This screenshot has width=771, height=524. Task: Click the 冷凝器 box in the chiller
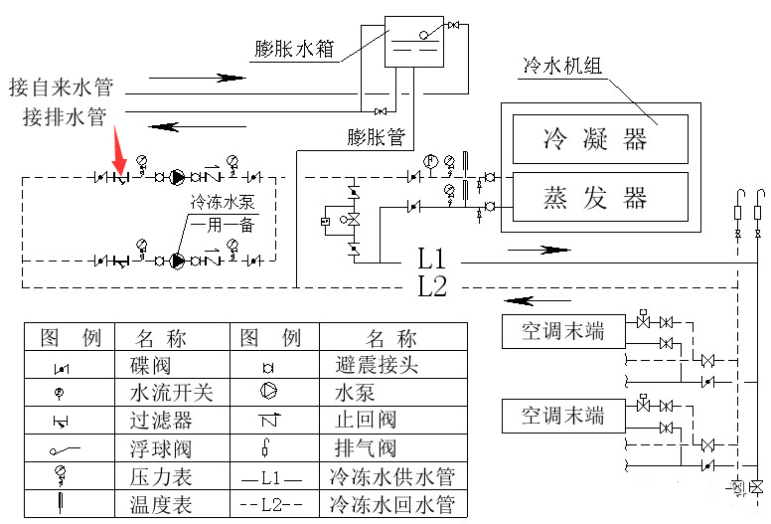tap(598, 137)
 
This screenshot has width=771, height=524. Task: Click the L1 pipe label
tap(432, 261)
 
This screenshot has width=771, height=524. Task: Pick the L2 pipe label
tap(432, 288)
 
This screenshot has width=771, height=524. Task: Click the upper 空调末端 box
tap(563, 330)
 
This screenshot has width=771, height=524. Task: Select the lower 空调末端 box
tap(563, 414)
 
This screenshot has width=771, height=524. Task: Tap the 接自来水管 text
tap(61, 86)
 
